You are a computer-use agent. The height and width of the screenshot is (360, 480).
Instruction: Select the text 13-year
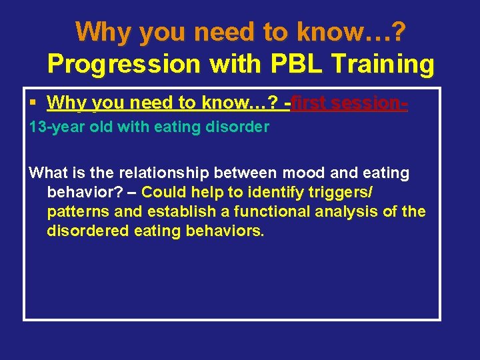pyautogui.click(x=51, y=127)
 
